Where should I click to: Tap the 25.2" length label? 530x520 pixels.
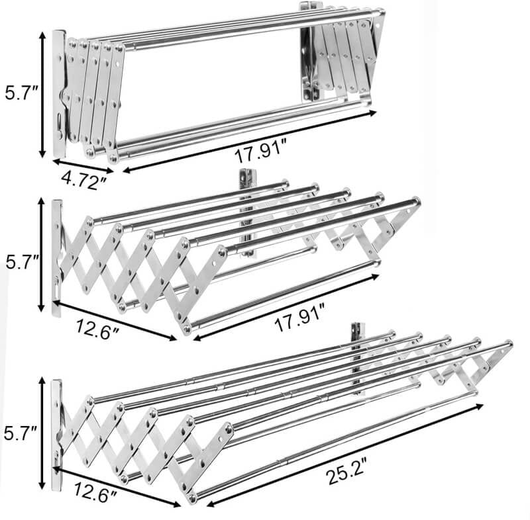[x=346, y=472]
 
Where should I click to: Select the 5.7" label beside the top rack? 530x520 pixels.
[x=22, y=93]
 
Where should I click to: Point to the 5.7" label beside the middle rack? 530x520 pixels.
[x=23, y=261]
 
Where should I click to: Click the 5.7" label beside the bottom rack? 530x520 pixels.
[x=21, y=433]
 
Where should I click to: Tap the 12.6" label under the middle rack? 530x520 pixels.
[x=97, y=328]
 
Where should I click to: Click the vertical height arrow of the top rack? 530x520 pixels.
[x=42, y=95]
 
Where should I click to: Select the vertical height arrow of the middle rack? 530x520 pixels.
[x=41, y=255]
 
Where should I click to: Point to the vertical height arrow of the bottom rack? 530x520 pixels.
[x=42, y=433]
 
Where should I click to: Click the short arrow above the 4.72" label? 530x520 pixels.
[x=83, y=166]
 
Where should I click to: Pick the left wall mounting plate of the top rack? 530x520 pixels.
[x=59, y=94]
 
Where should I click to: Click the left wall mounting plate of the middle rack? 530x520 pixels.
[x=57, y=258]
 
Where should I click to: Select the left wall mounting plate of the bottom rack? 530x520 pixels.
[x=56, y=435]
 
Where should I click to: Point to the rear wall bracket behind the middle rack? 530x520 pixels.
[x=247, y=213]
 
